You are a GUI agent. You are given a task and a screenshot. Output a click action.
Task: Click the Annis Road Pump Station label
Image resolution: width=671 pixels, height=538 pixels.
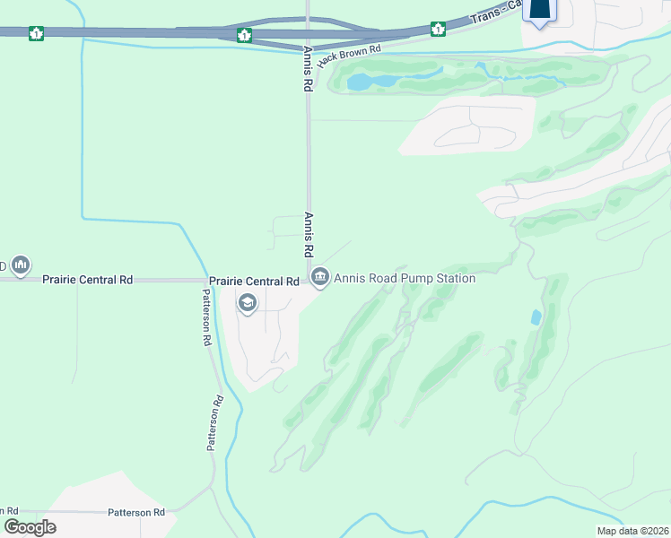pos(405,279)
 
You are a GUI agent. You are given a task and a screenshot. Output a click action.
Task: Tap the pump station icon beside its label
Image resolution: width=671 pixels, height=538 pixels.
pos(320,279)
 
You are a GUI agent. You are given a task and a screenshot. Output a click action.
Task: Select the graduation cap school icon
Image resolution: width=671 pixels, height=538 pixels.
pos(247,304)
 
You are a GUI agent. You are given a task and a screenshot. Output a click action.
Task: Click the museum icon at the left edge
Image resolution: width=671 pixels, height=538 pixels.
pos(21,266)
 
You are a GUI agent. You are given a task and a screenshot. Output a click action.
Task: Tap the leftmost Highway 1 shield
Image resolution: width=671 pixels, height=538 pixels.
pos(36,34)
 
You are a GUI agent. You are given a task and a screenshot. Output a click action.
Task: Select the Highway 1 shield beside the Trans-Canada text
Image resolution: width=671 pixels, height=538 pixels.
pos(438,29)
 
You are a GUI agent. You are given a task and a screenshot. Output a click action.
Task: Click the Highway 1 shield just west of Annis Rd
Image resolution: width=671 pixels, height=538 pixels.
pos(244,35)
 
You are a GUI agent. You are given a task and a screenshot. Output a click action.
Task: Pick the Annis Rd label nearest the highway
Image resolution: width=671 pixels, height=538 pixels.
pos(307,69)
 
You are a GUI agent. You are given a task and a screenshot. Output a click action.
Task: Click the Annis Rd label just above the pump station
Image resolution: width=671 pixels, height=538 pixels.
pos(308,235)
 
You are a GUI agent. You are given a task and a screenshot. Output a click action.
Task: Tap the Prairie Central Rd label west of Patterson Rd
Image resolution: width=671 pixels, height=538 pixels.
pos(88,280)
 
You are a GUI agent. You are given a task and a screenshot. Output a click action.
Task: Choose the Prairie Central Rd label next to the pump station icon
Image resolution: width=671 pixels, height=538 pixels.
pos(254,281)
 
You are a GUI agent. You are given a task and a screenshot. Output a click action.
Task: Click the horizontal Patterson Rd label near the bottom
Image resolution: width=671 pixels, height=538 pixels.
pos(136,513)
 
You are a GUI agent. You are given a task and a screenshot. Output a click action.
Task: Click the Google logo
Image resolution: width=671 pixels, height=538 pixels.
pos(30,527)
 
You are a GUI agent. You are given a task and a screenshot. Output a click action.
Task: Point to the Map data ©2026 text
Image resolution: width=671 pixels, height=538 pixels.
pos(632,531)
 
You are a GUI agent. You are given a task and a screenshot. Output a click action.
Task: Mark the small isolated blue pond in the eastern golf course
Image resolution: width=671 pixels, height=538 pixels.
pos(536,317)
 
